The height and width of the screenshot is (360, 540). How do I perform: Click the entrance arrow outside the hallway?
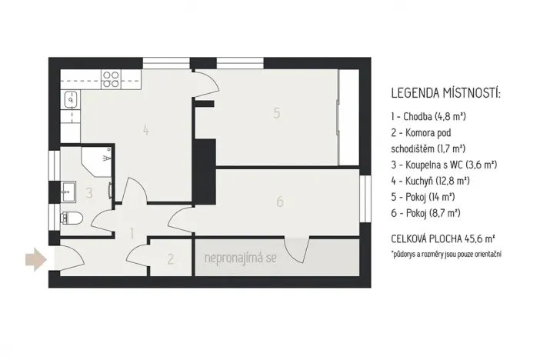(x=34, y=259)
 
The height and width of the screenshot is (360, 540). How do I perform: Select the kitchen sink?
(x=70, y=98)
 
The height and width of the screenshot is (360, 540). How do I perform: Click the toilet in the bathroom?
(x=75, y=218)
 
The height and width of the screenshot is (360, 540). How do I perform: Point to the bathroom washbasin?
(x=67, y=187)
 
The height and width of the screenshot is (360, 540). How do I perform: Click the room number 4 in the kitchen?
(x=145, y=130)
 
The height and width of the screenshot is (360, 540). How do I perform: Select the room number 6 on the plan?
(x=280, y=202)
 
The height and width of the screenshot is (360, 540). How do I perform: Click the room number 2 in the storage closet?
(x=171, y=259)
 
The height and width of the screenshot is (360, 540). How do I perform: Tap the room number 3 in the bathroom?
(x=89, y=192)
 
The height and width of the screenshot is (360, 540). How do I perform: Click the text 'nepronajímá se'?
(x=240, y=258)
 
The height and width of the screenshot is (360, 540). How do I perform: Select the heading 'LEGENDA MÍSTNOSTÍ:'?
(x=445, y=94)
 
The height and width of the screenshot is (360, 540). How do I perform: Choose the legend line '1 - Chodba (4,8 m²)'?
(x=428, y=116)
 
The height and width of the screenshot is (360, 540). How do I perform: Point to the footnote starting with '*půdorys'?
(x=450, y=253)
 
